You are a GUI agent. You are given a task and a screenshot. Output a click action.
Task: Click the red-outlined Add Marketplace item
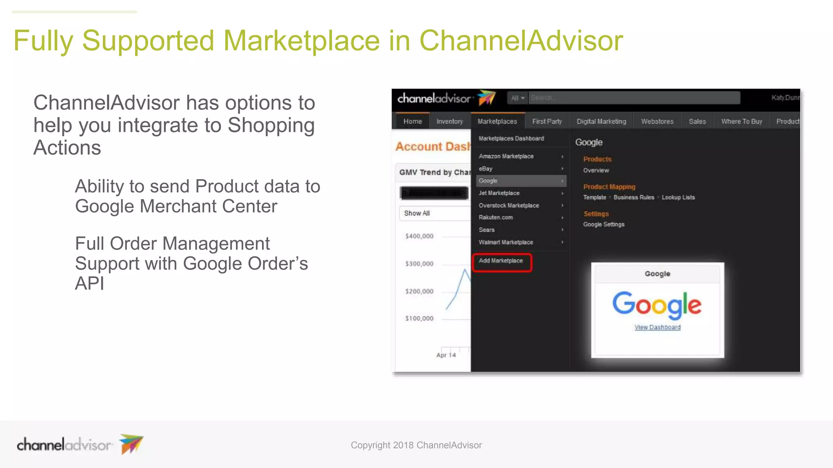tap(501, 261)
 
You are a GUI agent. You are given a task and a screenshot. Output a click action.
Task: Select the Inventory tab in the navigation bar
tap(449, 121)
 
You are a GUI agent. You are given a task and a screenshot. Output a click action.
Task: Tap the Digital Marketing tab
tap(601, 121)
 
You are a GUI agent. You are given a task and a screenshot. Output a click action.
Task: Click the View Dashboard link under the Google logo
tap(657, 327)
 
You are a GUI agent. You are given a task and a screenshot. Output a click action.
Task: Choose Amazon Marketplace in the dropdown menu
tap(506, 156)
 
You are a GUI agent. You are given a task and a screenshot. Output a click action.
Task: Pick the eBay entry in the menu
tap(486, 169)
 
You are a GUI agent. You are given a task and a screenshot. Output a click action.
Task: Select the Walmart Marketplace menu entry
tap(506, 242)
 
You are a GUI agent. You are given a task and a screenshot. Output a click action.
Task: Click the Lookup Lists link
tap(678, 197)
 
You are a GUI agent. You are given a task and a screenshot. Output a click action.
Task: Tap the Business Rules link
tap(634, 197)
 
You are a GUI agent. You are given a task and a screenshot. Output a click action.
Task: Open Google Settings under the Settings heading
tap(604, 225)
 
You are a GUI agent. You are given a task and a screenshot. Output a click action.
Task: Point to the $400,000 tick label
tap(419, 236)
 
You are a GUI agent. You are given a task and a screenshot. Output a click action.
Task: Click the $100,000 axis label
tap(419, 318)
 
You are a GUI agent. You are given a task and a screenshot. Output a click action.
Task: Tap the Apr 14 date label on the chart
tap(446, 355)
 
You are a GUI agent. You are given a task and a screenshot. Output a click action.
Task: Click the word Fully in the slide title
tap(43, 41)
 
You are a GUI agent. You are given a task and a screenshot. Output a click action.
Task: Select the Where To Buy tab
tap(741, 121)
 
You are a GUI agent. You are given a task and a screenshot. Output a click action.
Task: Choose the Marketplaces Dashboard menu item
tap(511, 139)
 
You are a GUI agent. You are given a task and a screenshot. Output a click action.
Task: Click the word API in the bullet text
tap(89, 283)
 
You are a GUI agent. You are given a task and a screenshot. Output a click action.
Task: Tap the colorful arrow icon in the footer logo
tap(131, 444)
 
